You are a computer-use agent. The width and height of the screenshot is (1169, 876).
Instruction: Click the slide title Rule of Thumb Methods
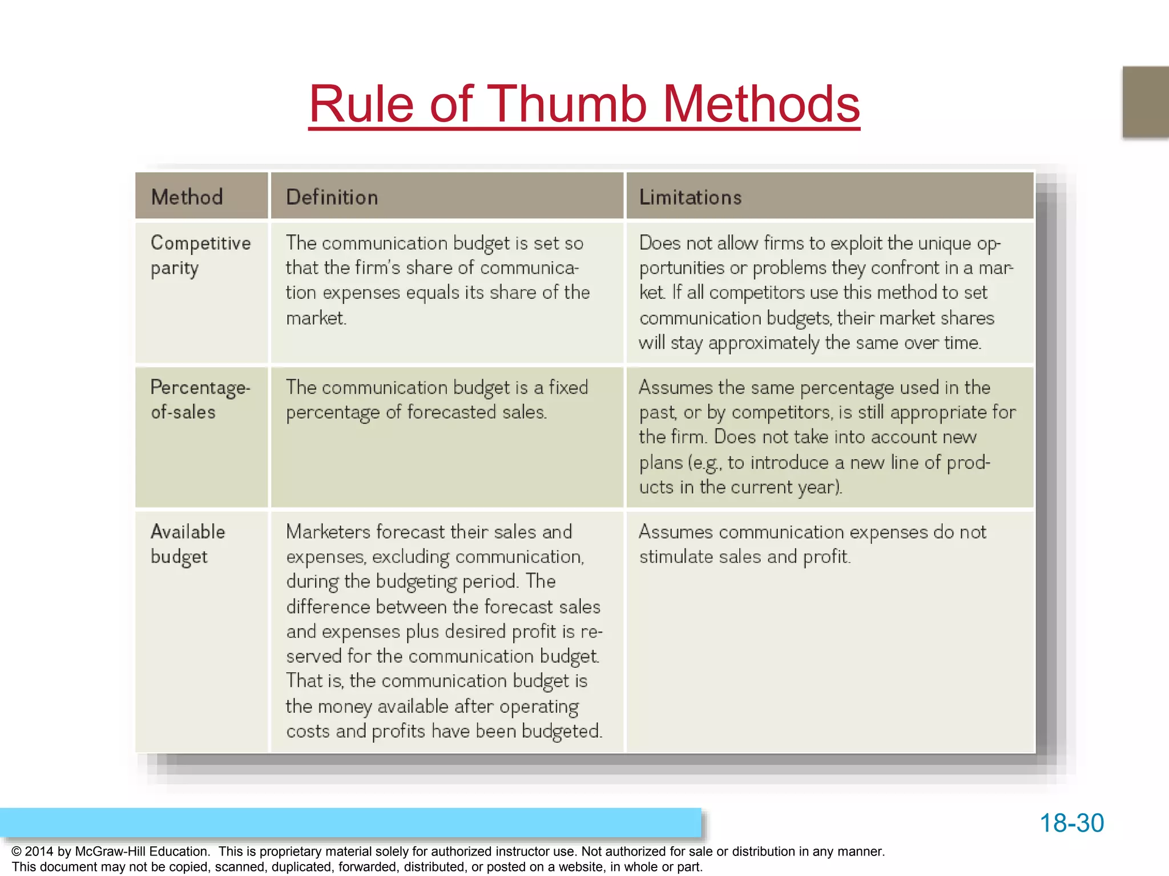(x=584, y=104)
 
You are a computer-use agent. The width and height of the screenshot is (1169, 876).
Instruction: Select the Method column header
(x=187, y=197)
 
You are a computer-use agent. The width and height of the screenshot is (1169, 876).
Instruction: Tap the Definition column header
(x=332, y=197)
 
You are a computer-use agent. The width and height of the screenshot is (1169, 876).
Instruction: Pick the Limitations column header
(x=690, y=197)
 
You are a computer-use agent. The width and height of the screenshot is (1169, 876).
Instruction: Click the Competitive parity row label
(x=200, y=255)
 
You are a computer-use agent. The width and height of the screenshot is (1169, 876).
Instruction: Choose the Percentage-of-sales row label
(x=200, y=399)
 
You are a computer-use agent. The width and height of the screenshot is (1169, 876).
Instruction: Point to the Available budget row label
(x=188, y=544)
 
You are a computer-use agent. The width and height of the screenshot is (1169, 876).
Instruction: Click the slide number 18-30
(x=1071, y=823)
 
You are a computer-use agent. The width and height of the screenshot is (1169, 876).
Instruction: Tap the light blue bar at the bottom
(x=350, y=822)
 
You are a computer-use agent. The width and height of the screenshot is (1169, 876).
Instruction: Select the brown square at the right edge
(x=1146, y=102)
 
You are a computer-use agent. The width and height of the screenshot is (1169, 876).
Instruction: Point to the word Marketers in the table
(x=328, y=532)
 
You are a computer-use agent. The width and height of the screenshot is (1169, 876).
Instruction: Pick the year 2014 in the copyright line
(x=39, y=851)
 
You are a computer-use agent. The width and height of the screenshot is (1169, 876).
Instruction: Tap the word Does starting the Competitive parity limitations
(x=660, y=243)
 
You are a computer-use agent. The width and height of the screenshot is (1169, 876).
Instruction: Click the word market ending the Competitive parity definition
(x=315, y=318)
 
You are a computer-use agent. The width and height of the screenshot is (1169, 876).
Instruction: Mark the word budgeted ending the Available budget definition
(x=561, y=731)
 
